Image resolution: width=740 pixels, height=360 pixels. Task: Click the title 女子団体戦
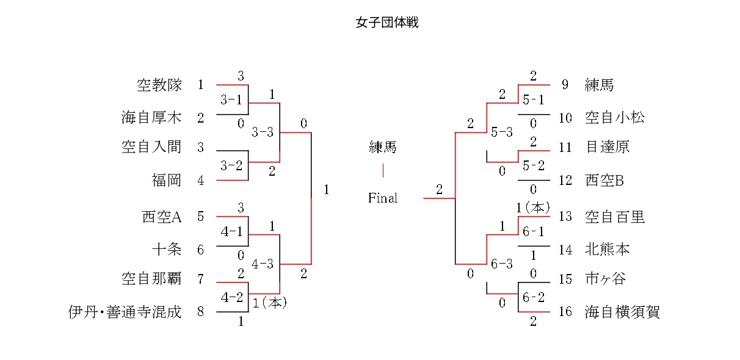[387, 23]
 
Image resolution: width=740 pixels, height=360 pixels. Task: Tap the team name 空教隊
[159, 85]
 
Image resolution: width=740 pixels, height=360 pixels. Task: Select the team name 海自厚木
[152, 118]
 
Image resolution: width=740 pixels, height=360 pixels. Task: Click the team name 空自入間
[152, 147]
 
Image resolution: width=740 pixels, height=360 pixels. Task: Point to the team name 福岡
[167, 180]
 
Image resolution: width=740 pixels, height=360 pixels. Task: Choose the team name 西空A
[162, 217]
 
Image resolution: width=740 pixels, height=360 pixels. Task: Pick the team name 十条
[167, 250]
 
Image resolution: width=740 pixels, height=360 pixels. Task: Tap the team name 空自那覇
[152, 279]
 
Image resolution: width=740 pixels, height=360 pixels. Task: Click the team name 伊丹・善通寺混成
[125, 312]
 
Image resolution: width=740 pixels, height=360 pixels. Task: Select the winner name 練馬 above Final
[383, 147]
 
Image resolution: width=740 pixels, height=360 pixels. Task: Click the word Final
[383, 198]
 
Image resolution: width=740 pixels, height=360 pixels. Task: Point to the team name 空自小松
[614, 118]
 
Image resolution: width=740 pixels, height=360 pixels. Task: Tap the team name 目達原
[607, 147]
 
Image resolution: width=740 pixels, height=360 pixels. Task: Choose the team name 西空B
[604, 180]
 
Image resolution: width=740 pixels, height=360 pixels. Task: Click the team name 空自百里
[614, 217]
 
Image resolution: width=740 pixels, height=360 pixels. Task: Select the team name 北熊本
[607, 250]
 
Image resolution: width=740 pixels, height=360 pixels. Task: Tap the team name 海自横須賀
[622, 312]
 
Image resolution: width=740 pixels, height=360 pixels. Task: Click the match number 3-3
[263, 132]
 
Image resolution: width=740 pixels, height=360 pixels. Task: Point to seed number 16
[565, 312]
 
